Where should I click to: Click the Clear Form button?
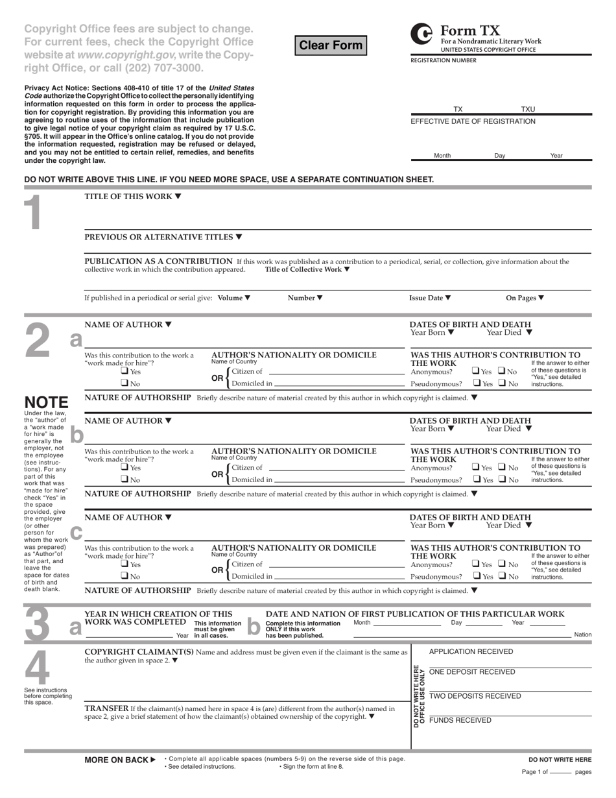click(x=331, y=45)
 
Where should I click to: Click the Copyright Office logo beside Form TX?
click(x=422, y=34)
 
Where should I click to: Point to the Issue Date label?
click(x=430, y=298)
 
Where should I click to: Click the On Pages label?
click(x=525, y=298)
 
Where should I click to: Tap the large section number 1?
click(x=31, y=213)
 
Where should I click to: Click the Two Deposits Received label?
click(x=475, y=696)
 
